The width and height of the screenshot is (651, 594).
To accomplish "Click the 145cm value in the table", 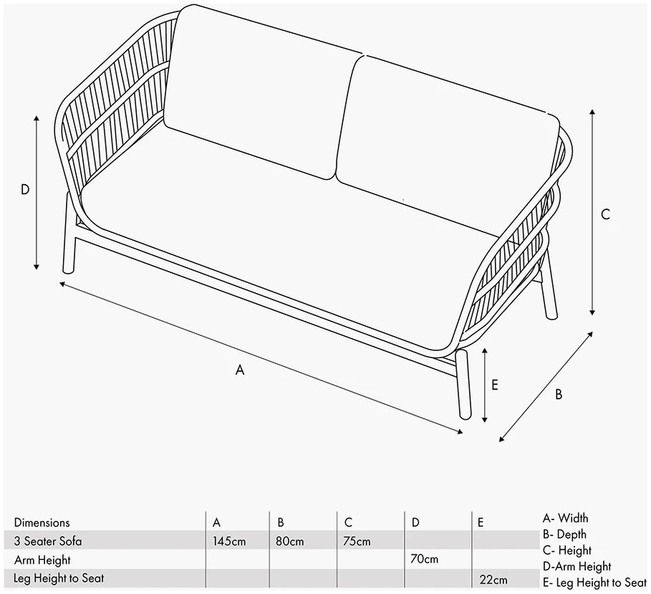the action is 229,541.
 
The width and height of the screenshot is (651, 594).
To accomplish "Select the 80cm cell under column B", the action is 290,541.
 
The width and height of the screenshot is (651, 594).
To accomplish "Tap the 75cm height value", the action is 357,541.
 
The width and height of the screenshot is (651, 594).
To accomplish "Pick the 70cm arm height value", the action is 424,559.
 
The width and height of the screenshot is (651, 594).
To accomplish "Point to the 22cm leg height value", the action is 493,580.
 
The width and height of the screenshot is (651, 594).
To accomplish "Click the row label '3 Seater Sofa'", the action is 48,541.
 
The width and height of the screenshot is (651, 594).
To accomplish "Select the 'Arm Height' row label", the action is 42,560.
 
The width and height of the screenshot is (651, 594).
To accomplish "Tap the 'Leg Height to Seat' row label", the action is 59,578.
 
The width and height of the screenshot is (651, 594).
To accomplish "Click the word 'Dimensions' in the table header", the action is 42,522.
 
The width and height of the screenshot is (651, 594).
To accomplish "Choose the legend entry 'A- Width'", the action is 565,518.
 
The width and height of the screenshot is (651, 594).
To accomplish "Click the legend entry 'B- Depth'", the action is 564,535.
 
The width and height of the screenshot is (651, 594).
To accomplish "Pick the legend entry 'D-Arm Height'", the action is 577,567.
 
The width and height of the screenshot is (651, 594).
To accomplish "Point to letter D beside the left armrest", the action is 25,189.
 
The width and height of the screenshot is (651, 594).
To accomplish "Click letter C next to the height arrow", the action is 605,214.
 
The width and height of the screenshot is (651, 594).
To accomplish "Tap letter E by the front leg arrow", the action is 494,385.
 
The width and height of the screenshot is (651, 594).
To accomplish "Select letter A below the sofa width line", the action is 239,369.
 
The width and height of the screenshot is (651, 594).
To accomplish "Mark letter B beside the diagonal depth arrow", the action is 559,394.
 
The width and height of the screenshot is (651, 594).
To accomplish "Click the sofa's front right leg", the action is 463,384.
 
